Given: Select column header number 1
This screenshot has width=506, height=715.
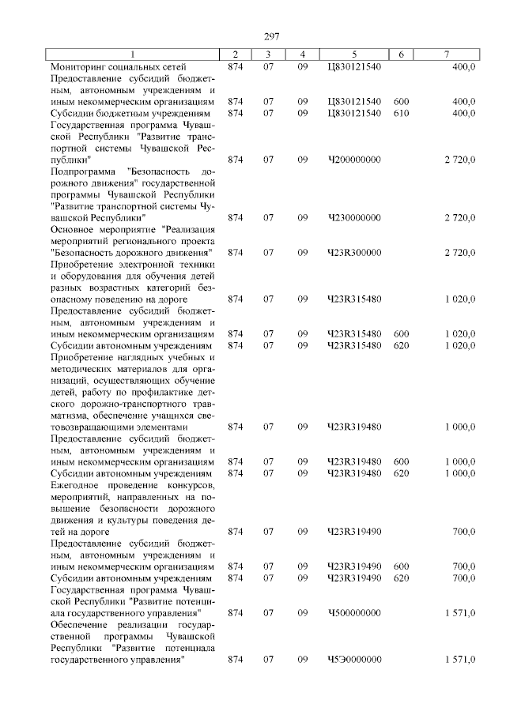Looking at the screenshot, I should click(x=132, y=55).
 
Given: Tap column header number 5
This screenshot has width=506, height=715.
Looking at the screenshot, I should click(x=353, y=55).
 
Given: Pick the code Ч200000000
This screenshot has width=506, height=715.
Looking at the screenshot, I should click(x=353, y=159).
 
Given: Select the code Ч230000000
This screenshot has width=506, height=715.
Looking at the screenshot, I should click(x=353, y=216).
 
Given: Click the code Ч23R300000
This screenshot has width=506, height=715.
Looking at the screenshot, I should click(x=353, y=252).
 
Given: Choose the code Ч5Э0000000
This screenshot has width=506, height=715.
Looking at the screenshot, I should click(x=353, y=659).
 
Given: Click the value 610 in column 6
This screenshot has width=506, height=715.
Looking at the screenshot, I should click(x=401, y=113).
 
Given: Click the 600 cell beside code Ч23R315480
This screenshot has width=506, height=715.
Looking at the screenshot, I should click(x=401, y=334).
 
